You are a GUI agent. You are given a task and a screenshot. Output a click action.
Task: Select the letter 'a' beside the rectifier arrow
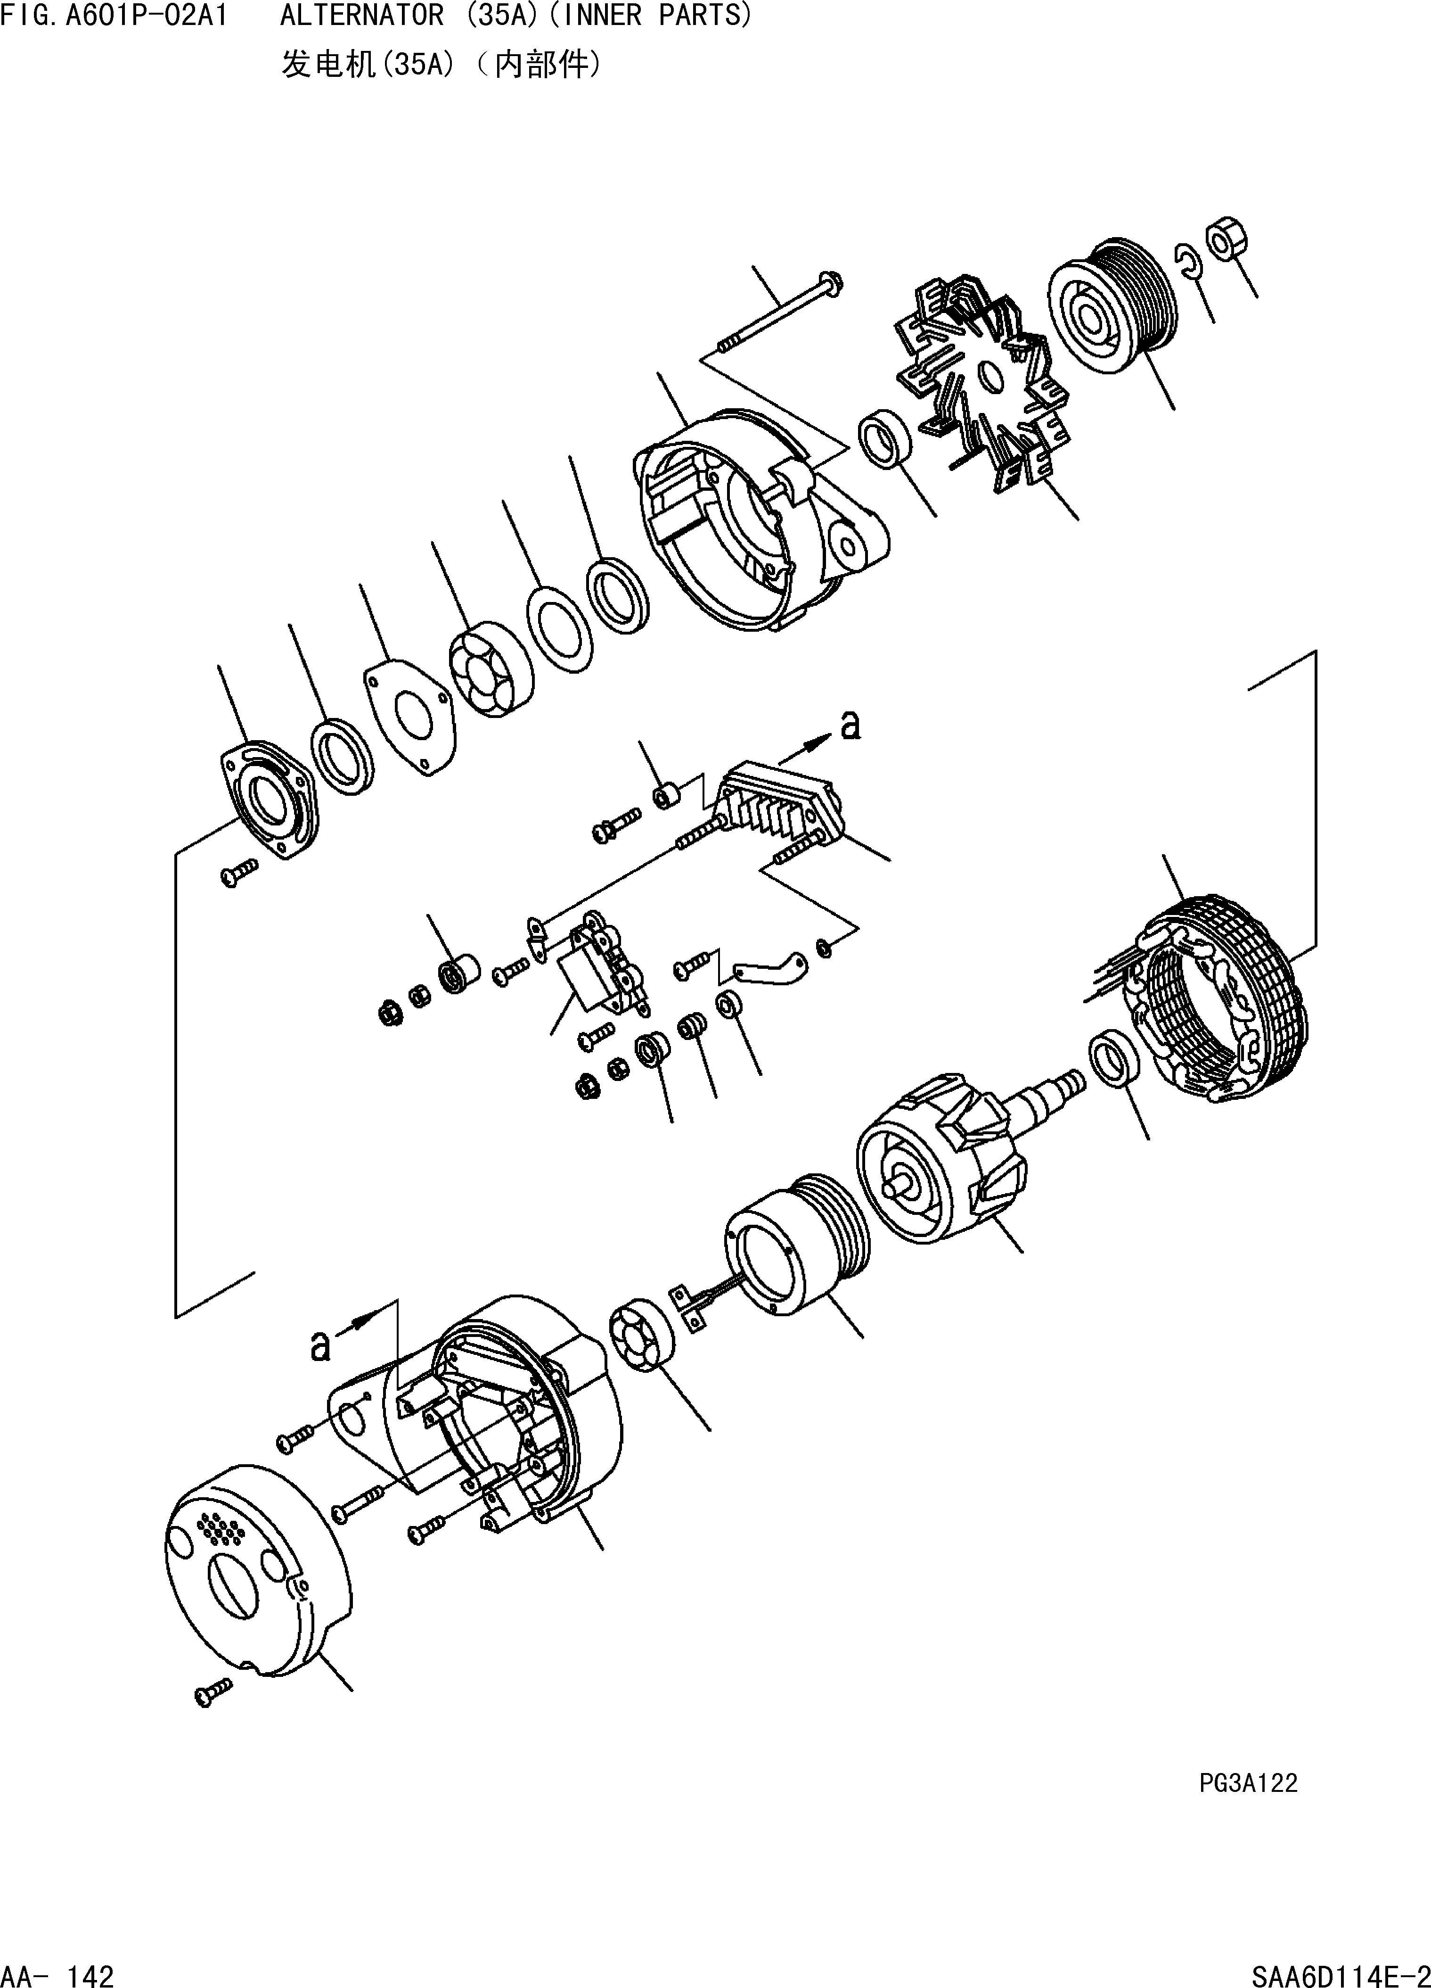[x=850, y=726]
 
